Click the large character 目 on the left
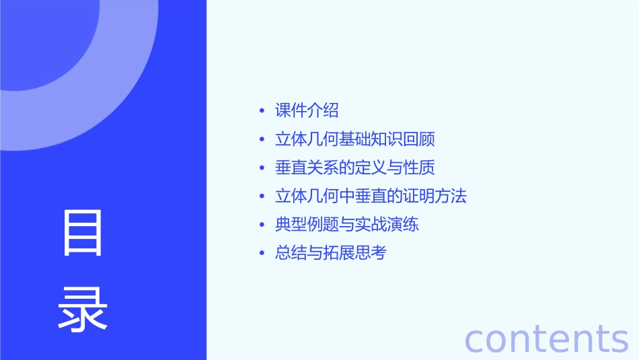click(83, 233)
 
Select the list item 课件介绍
click(307, 110)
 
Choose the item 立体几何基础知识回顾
click(354, 139)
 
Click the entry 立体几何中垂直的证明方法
click(371, 196)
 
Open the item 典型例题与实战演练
click(346, 225)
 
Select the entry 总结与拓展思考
click(331, 253)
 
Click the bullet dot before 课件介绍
click(262, 111)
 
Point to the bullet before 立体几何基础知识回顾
click(262, 140)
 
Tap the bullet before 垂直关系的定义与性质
click(262, 168)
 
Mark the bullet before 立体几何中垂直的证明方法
click(262, 197)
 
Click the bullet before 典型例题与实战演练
click(262, 225)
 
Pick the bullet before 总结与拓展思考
click(262, 254)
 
